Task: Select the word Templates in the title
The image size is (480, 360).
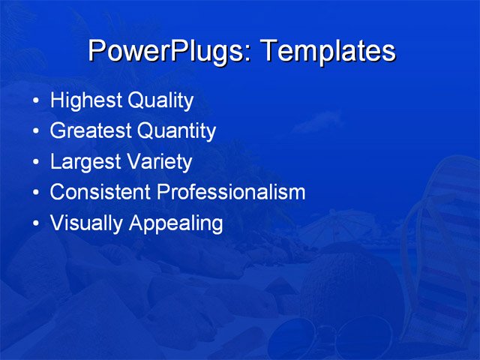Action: (x=326, y=51)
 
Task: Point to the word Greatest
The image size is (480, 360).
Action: (x=90, y=131)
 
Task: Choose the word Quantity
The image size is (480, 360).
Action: (x=177, y=131)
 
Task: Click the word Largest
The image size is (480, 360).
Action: (x=82, y=162)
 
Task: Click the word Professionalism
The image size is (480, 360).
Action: (x=231, y=192)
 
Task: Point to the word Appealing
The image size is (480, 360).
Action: (x=175, y=223)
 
